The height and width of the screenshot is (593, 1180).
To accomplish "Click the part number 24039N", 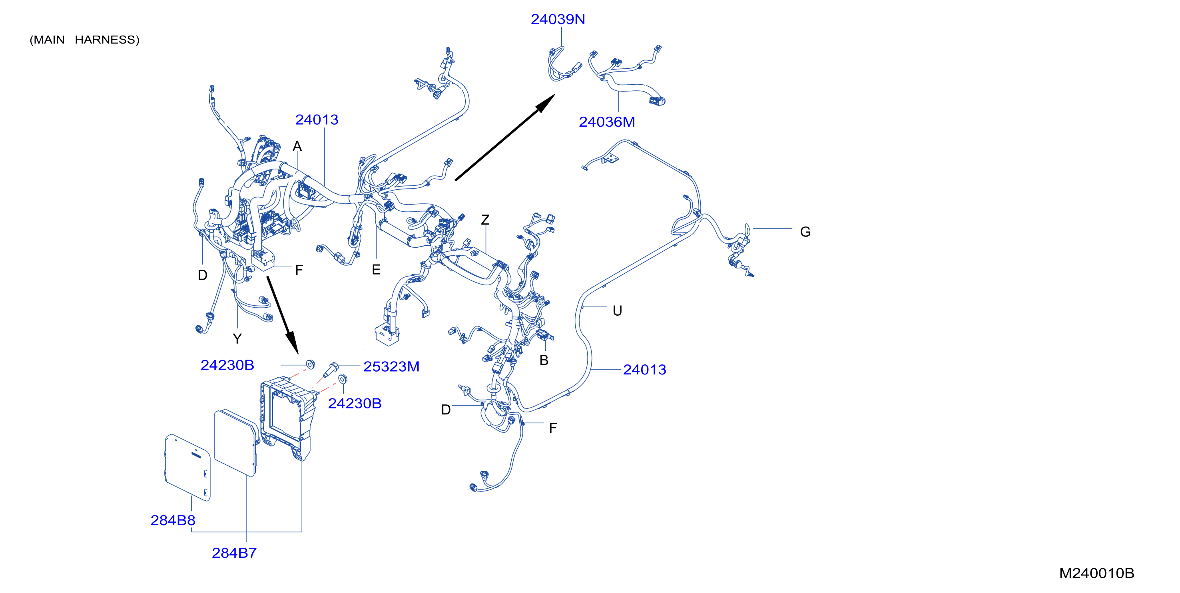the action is point(558,19).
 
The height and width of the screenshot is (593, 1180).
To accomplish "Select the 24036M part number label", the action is point(606,122).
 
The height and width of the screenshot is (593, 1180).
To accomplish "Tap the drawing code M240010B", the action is point(1096,573).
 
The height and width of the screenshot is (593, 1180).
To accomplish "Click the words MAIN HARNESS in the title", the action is point(84,40).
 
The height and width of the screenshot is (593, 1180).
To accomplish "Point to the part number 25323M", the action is point(391,366).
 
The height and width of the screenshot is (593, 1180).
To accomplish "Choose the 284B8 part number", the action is point(173,520).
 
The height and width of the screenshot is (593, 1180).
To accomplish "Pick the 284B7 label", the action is point(234,553).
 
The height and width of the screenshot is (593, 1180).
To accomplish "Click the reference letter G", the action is point(805,232).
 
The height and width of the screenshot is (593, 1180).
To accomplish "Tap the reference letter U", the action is point(617,311).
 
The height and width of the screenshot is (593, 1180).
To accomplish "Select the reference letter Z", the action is point(485,220).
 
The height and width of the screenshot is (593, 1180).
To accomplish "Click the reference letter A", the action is point(297,147).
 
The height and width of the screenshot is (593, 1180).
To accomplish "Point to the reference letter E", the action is point(376,270).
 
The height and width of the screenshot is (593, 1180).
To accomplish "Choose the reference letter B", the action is point(544,360).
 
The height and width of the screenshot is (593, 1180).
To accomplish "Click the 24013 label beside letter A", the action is point(317,119).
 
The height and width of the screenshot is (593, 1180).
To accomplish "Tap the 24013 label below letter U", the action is point(644,370).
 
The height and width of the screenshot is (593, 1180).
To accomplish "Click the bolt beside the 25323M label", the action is point(330,370).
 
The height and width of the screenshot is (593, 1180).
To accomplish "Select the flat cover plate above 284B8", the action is point(188,468).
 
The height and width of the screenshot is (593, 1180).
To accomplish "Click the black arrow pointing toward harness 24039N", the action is point(505,137).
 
